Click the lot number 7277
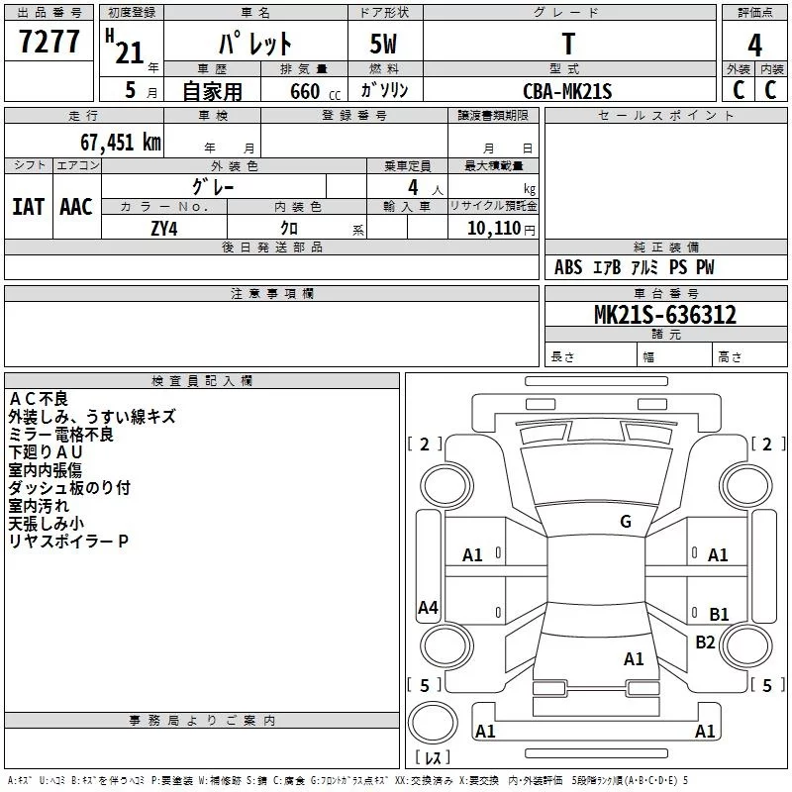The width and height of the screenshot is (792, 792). pyautogui.click(x=49, y=42)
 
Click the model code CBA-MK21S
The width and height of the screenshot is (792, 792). pyautogui.click(x=567, y=91)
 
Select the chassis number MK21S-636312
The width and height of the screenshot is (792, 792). pyautogui.click(x=664, y=315)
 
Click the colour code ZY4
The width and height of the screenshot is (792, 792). pyautogui.click(x=164, y=228)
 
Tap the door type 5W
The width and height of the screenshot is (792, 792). pyautogui.click(x=384, y=45)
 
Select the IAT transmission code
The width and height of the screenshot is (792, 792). pyautogui.click(x=28, y=206)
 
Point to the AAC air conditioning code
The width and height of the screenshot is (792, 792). pyautogui.click(x=75, y=206)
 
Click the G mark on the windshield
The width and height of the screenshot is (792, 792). pyautogui.click(x=625, y=522)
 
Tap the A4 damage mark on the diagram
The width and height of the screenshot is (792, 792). pyautogui.click(x=428, y=608)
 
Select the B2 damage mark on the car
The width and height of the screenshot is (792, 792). pyautogui.click(x=705, y=642)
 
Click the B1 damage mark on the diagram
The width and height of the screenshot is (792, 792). pyautogui.click(x=719, y=614)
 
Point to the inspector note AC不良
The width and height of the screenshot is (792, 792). pyautogui.click(x=39, y=399)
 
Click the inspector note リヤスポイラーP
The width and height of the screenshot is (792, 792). pyautogui.click(x=68, y=542)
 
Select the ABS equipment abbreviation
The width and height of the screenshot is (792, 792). pyautogui.click(x=568, y=267)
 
